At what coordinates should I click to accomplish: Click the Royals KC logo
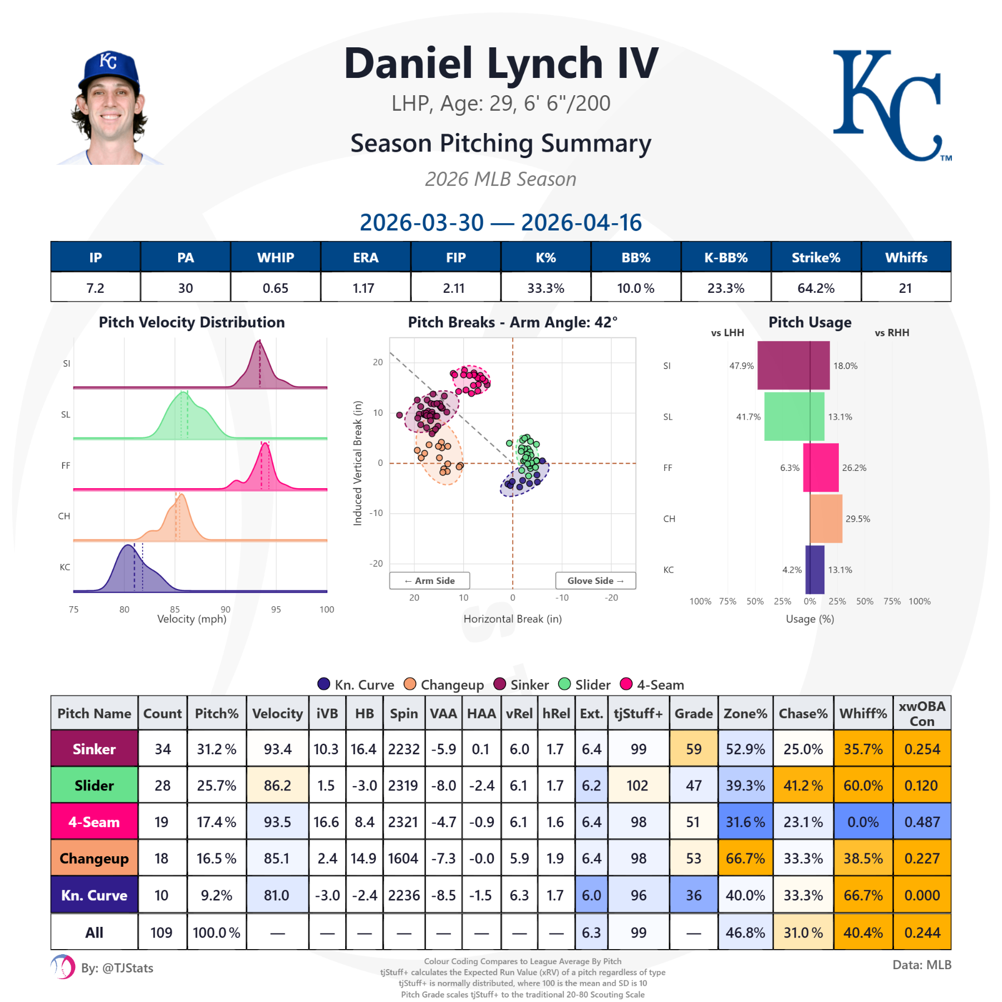891,106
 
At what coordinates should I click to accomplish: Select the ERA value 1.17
364,288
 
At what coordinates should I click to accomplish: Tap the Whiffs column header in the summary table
906,257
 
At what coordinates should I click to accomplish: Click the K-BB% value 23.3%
725,288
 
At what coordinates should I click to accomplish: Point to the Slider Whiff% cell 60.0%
863,785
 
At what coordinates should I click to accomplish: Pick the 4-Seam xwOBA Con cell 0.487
922,822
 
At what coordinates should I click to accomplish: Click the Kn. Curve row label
94,895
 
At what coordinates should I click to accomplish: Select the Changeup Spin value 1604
403,858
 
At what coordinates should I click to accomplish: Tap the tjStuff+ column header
638,713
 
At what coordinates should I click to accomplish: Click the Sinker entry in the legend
522,685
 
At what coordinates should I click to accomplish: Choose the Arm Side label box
429,581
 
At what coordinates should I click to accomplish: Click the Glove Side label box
595,581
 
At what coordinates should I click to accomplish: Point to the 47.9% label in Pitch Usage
741,366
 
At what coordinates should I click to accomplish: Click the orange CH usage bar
826,518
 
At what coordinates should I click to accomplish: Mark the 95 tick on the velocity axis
276,610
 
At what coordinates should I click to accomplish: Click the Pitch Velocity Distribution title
191,322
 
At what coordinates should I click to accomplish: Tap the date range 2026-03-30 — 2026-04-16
500,223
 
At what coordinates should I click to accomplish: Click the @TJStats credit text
117,968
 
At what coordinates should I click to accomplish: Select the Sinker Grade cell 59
693,749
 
